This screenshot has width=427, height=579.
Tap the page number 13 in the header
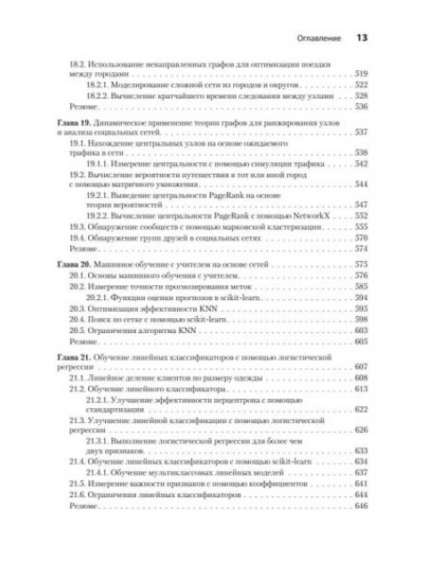coord(362,38)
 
